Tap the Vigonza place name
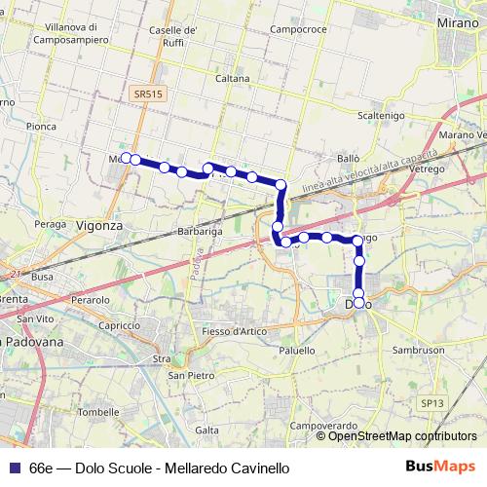point(99,225)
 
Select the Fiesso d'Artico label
point(235,333)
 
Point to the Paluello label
point(297,350)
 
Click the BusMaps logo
point(439,468)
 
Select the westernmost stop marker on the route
point(126,158)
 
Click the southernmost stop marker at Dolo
point(359,303)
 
